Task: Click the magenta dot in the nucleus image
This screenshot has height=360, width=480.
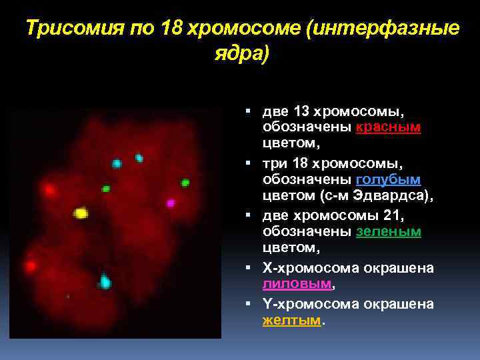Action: [170, 203]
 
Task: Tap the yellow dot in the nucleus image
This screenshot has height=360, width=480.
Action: [81, 213]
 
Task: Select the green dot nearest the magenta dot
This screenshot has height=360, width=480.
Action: [185, 183]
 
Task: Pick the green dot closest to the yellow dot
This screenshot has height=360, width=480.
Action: [105, 189]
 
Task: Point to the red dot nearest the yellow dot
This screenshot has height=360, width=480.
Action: [49, 190]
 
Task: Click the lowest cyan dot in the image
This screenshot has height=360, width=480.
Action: [105, 283]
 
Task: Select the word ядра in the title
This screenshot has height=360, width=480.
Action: [241, 54]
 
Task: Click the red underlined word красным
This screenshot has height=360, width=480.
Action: [389, 127]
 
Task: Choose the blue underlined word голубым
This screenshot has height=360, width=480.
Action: [389, 180]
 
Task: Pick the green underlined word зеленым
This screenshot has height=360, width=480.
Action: [389, 232]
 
